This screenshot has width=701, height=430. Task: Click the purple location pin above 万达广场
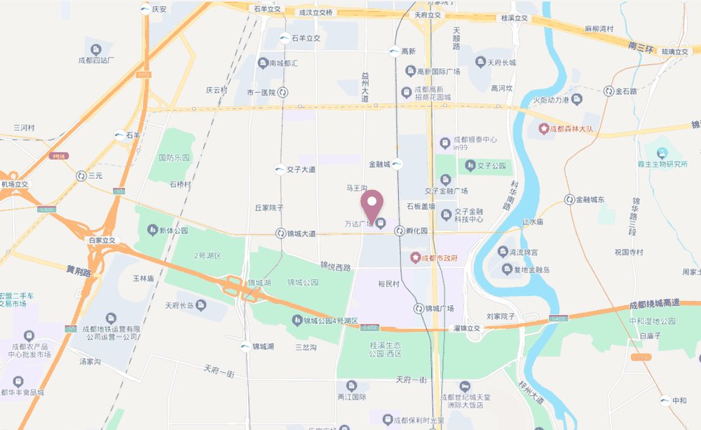click(x=372, y=203)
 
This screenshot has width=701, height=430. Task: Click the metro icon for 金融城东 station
click(x=569, y=200)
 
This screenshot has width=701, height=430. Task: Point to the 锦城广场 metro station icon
click(x=418, y=309)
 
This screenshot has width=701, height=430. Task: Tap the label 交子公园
click(x=491, y=166)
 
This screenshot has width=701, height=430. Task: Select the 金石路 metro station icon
click(x=608, y=91)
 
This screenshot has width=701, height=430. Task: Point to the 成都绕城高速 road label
click(x=654, y=303)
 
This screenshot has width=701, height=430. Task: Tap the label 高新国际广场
click(x=438, y=72)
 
